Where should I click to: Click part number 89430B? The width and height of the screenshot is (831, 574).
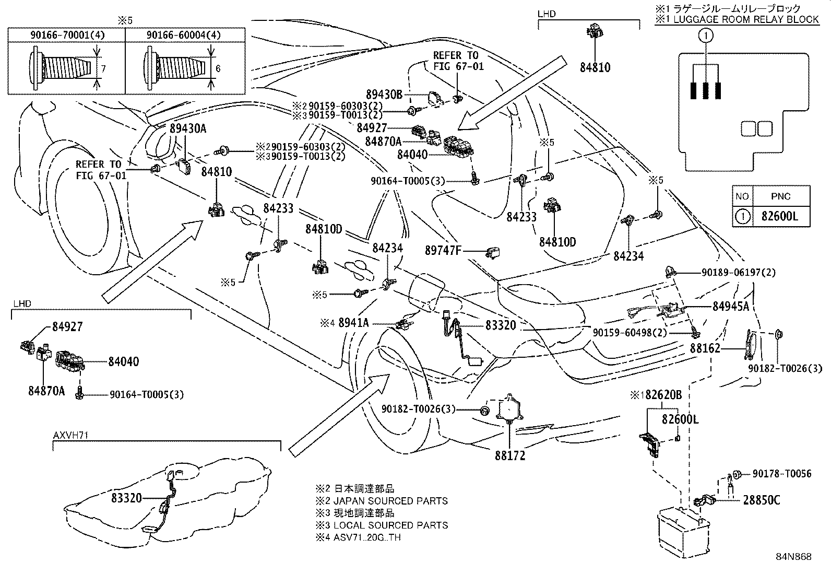click(x=384, y=95)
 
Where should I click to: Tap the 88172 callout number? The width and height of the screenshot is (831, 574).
click(x=510, y=455)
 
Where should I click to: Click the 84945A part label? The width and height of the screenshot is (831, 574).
click(x=731, y=307)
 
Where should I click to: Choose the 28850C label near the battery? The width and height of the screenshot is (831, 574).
click(x=761, y=500)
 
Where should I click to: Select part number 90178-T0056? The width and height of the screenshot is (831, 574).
click(x=781, y=474)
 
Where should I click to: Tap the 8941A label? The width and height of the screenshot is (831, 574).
click(x=353, y=323)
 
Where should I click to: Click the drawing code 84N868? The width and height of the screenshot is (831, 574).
click(x=793, y=557)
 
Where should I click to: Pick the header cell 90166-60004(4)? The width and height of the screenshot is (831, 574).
click(x=184, y=35)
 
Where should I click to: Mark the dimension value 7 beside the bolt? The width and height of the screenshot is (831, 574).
click(x=103, y=68)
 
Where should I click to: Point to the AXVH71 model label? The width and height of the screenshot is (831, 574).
click(x=68, y=435)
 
